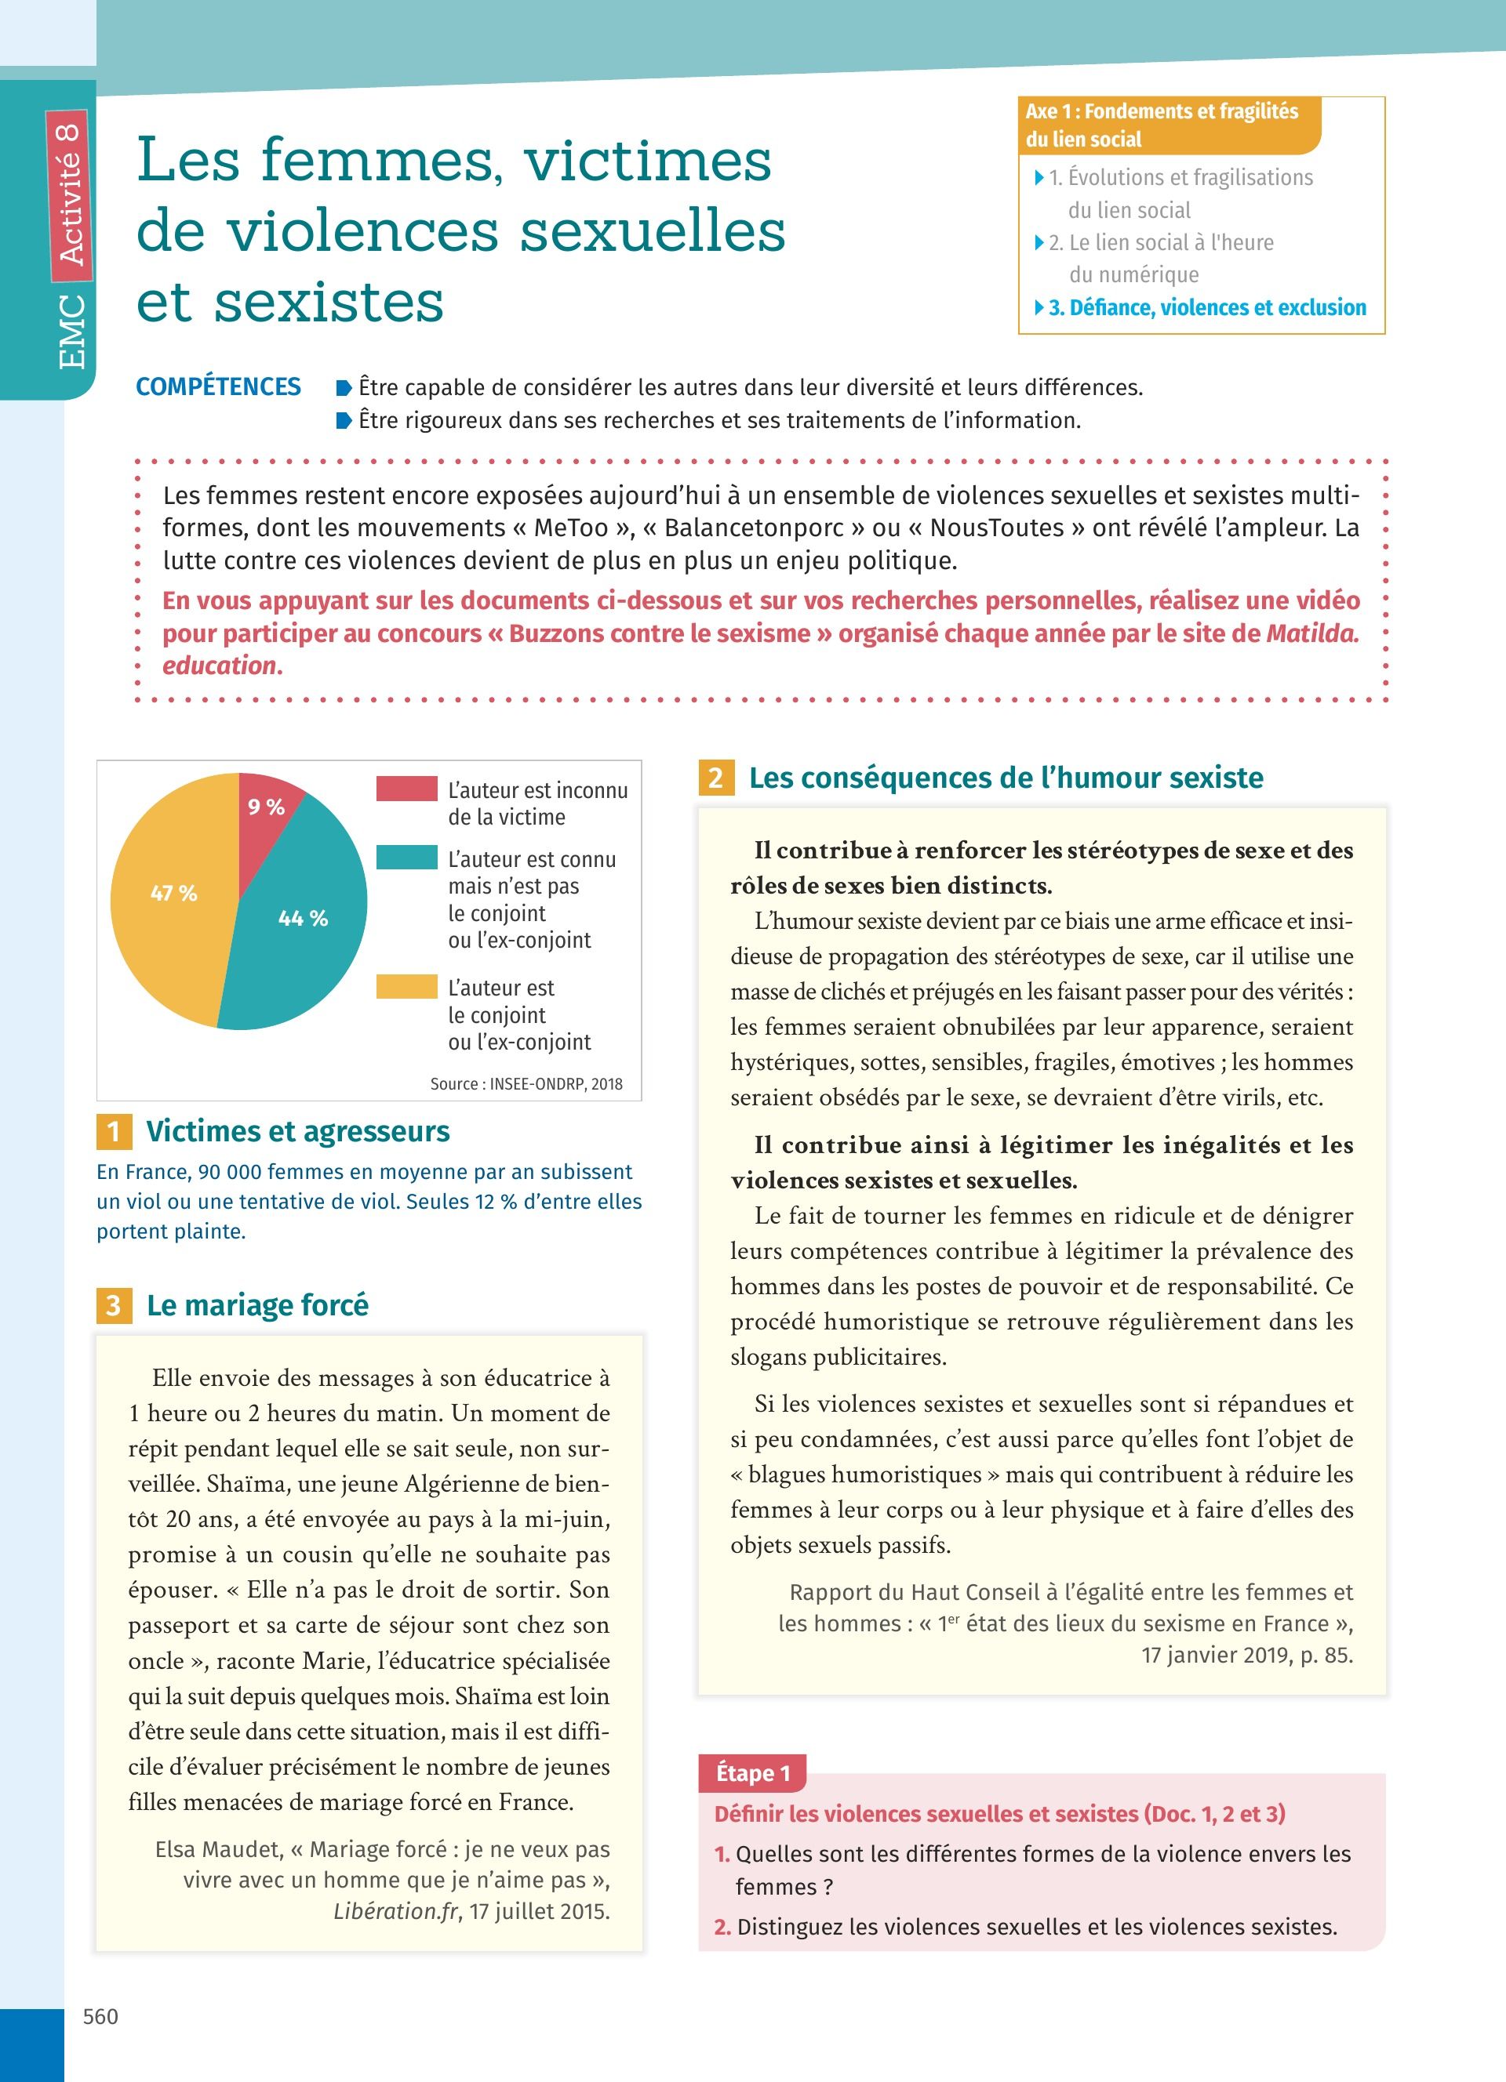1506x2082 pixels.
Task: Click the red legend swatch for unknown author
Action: click(406, 789)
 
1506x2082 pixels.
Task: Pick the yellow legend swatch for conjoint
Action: click(406, 987)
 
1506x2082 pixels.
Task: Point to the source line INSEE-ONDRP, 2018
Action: click(526, 1084)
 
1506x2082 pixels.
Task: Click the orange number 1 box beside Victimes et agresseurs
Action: click(114, 1131)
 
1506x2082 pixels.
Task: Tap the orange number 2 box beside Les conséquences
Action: click(715, 778)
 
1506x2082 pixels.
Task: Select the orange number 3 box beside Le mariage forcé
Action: click(114, 1304)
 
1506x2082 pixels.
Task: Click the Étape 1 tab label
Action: click(752, 1772)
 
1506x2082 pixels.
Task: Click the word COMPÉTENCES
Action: click(219, 386)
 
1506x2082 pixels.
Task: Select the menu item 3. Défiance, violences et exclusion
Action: click(1206, 307)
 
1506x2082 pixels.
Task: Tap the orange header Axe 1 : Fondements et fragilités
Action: click(1162, 125)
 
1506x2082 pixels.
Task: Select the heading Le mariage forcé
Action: click(257, 1304)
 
